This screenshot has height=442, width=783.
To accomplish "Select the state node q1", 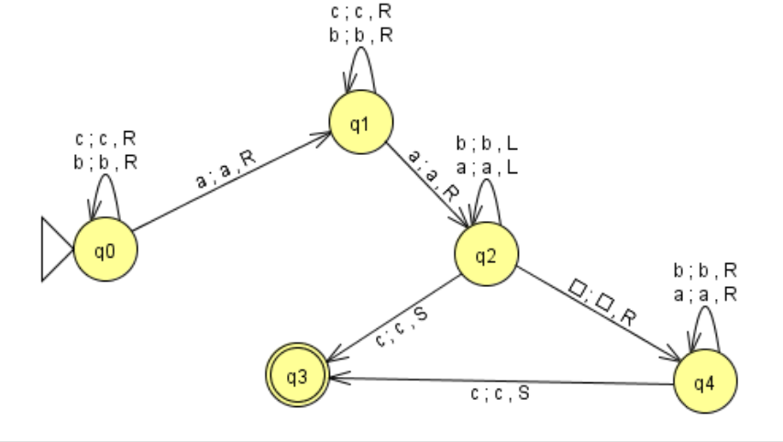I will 361,125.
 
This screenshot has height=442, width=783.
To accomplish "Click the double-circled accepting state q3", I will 298,376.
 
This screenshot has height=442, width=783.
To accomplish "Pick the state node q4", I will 703,382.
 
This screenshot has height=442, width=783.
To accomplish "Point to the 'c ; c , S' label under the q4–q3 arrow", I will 500,394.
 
